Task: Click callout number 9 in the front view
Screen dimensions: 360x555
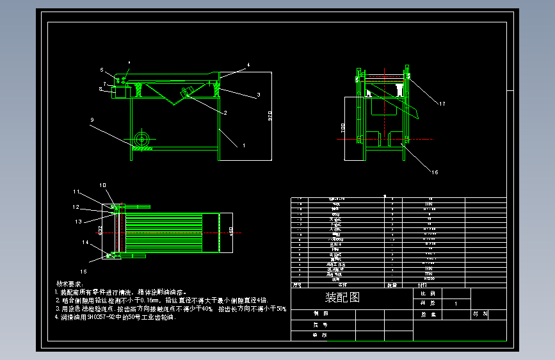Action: pyautogui.click(x=92, y=120)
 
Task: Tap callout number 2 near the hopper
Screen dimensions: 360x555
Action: pyautogui.click(x=225, y=113)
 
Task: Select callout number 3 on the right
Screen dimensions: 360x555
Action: pyautogui.click(x=258, y=95)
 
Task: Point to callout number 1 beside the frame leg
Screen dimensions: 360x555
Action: pyautogui.click(x=243, y=145)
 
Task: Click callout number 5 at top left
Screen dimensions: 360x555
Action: pyautogui.click(x=101, y=70)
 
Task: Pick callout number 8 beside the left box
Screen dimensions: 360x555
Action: pyautogui.click(x=101, y=90)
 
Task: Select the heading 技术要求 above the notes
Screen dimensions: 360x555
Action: pyautogui.click(x=70, y=283)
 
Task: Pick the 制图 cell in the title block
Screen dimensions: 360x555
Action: pyautogui.click(x=321, y=314)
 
